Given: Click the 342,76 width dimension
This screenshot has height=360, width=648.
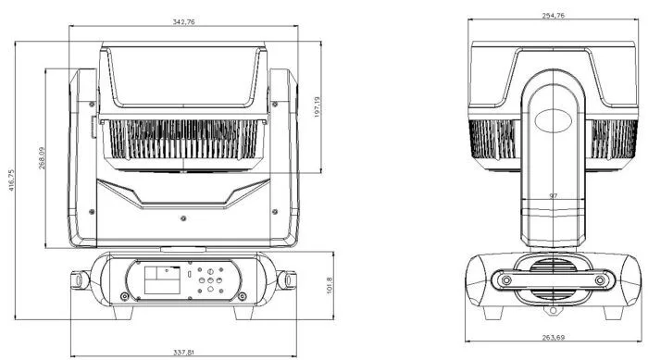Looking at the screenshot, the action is click(183, 22).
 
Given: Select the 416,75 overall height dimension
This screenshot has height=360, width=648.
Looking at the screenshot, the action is click(11, 180).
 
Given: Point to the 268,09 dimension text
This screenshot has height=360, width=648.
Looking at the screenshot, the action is click(42, 158).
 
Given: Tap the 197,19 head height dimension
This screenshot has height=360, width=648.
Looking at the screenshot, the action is click(317, 107).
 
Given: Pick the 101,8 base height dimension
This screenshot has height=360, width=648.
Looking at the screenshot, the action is click(330, 285).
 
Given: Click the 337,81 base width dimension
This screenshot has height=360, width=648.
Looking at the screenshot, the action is click(183, 353).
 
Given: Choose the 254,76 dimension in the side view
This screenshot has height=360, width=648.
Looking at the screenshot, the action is click(553, 16).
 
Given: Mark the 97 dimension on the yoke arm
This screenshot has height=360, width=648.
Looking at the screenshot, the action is click(554, 195).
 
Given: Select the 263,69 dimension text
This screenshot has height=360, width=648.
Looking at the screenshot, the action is click(554, 337).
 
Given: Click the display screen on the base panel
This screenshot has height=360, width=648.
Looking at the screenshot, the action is click(162, 279).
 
